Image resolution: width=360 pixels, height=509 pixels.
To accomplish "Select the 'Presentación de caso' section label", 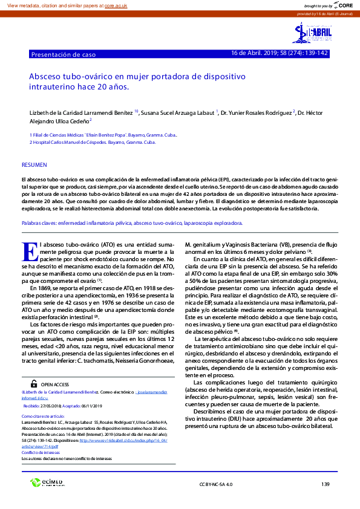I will (64, 54).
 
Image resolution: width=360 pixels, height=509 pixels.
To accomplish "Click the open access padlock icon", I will (34, 383).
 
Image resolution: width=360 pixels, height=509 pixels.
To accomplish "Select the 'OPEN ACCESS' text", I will (54, 384).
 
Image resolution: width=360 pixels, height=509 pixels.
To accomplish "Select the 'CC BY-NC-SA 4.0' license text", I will (215, 484).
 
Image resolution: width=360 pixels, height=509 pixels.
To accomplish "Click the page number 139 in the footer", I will (326, 484).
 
